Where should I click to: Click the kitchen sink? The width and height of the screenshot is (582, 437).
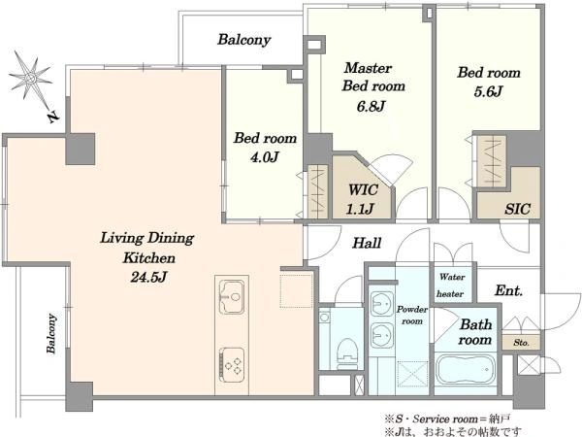231,296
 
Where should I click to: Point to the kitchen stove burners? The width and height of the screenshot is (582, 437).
232,364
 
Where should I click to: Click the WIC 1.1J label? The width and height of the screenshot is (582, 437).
362,199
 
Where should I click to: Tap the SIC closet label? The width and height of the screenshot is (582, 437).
517,209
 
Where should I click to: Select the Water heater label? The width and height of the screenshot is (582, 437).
451,286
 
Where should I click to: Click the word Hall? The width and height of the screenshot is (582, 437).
367,243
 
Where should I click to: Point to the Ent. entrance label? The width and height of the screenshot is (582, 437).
508,290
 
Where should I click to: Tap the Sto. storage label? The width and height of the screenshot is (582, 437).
521,343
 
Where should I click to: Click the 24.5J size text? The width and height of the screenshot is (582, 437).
148,277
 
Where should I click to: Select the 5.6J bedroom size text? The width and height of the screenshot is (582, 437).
488,91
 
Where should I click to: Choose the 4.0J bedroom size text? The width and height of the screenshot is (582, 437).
264,157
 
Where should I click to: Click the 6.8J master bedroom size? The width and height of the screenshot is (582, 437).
371,106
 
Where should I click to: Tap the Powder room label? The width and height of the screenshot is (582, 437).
412,315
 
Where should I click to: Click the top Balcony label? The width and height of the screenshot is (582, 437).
243,40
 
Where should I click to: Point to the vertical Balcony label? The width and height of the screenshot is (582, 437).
51,333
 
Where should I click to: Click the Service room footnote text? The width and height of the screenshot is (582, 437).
447,420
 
